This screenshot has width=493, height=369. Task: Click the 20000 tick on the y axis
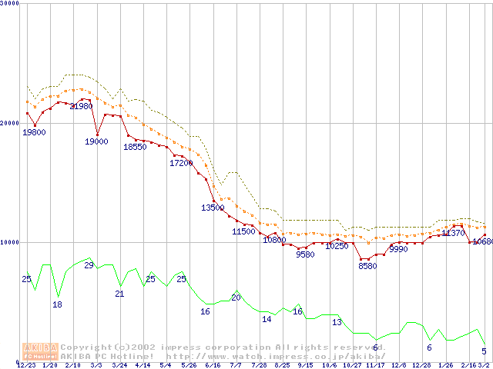[8, 123]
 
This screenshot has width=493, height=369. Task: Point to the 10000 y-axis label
[8, 241]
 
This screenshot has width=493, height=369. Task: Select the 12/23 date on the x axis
[25, 365]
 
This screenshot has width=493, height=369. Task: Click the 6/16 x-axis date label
[213, 365]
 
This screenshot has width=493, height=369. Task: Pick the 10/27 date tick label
[353, 365]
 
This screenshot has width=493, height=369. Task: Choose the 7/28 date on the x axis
[260, 365]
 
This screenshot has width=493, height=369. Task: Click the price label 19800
[34, 132]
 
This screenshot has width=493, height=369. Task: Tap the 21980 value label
[81, 106]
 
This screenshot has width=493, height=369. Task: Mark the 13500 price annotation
[213, 208]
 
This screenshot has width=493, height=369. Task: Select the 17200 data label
[181, 163]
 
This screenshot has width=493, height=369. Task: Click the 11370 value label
[453, 233]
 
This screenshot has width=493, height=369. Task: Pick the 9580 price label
[305, 254]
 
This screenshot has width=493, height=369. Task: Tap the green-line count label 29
[89, 265]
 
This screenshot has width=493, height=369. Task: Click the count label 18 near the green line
[57, 304]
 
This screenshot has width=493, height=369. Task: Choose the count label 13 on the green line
[337, 322]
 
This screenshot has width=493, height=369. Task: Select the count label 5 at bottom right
[484, 351]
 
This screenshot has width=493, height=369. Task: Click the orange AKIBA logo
[41, 351]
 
